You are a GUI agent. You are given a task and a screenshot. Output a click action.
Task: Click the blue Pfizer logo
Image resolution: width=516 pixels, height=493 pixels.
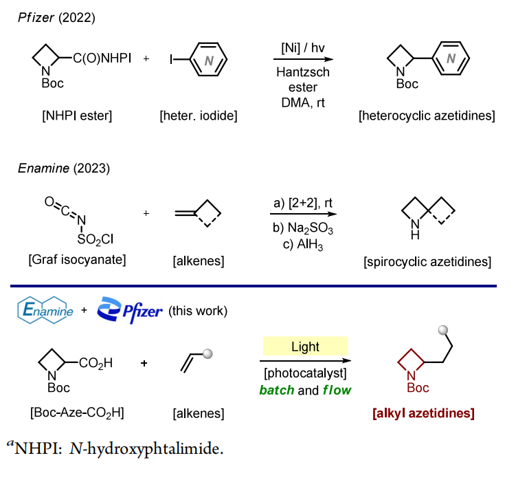(130, 311)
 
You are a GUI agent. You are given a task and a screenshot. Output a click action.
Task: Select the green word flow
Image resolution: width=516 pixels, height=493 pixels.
(333, 390)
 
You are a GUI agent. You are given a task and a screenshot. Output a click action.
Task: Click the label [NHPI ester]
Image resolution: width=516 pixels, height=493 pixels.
(76, 115)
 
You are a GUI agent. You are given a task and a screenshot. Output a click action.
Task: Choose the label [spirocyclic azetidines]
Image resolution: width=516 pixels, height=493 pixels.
(429, 261)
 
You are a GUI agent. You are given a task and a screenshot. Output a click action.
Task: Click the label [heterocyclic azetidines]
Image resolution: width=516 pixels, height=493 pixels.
(427, 115)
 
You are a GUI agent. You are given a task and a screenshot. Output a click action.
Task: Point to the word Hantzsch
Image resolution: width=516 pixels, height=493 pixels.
(304, 72)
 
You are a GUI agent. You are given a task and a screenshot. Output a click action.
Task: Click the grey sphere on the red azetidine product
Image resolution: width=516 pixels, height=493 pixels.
(445, 332)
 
